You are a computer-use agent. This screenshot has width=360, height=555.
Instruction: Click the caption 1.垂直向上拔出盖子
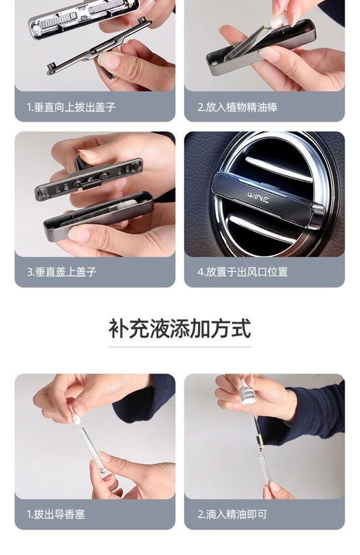71,107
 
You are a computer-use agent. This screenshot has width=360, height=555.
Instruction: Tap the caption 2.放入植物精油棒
237,107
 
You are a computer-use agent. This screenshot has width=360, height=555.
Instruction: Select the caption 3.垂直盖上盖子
62,272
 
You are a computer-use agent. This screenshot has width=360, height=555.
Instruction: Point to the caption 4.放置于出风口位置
242,272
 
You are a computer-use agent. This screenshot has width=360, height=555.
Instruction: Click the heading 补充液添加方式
180,329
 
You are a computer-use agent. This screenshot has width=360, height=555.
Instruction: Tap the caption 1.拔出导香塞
56,514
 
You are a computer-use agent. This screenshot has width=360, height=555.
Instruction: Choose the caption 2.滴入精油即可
232,514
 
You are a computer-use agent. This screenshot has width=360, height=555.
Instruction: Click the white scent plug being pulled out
77,418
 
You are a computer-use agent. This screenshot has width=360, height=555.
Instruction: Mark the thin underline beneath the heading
180,347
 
